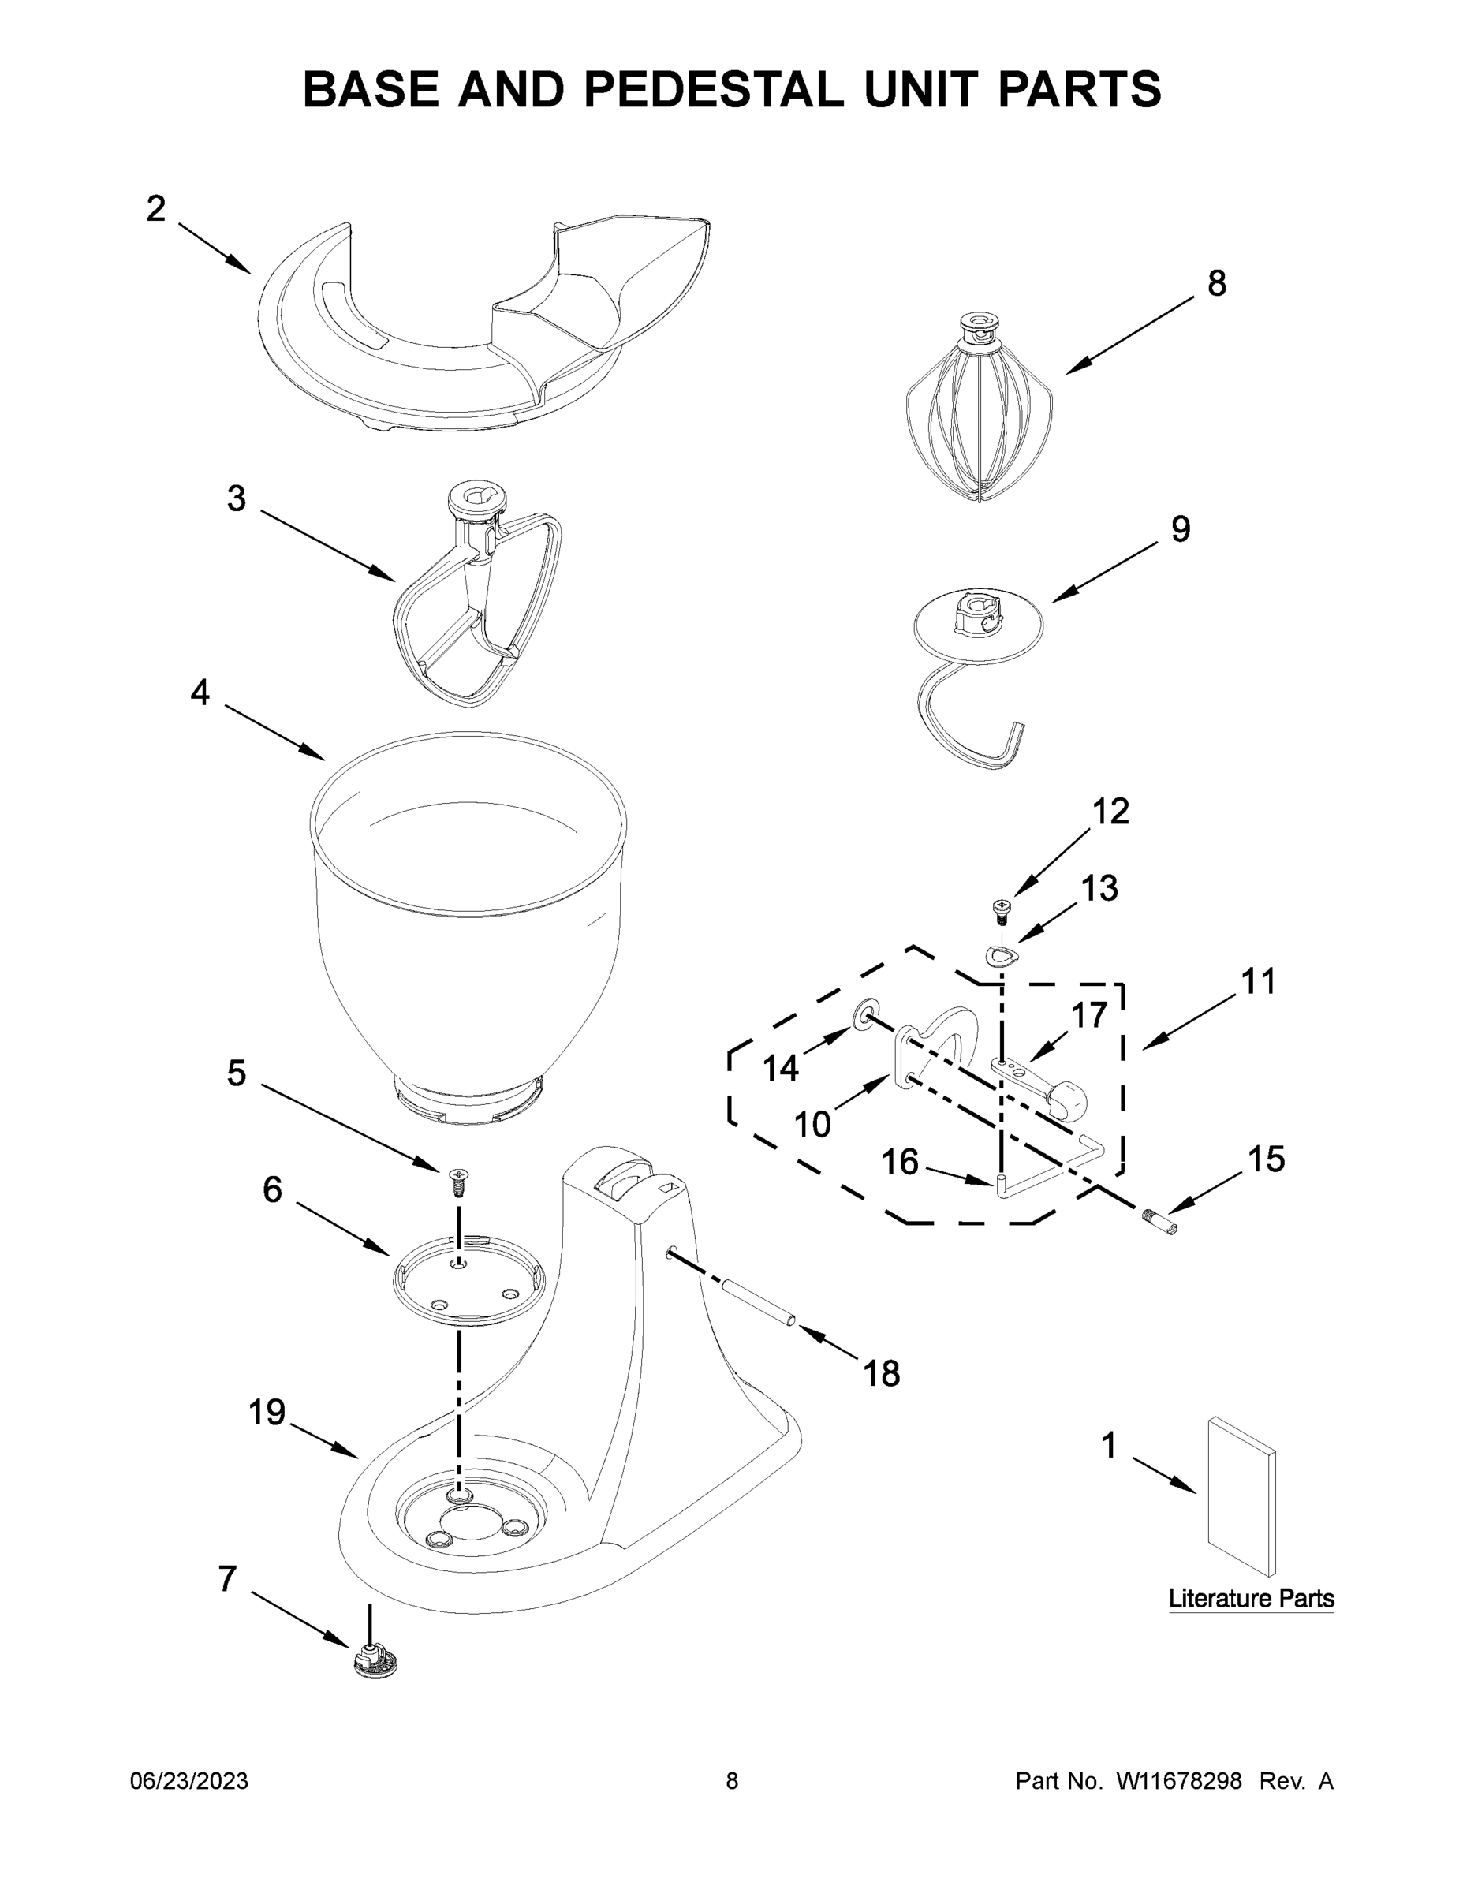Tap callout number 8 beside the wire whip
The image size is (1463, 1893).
[x=1217, y=283]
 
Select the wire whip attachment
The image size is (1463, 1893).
[x=980, y=416]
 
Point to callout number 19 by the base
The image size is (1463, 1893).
[x=266, y=1413]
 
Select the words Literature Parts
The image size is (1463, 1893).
[x=1251, y=1597]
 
